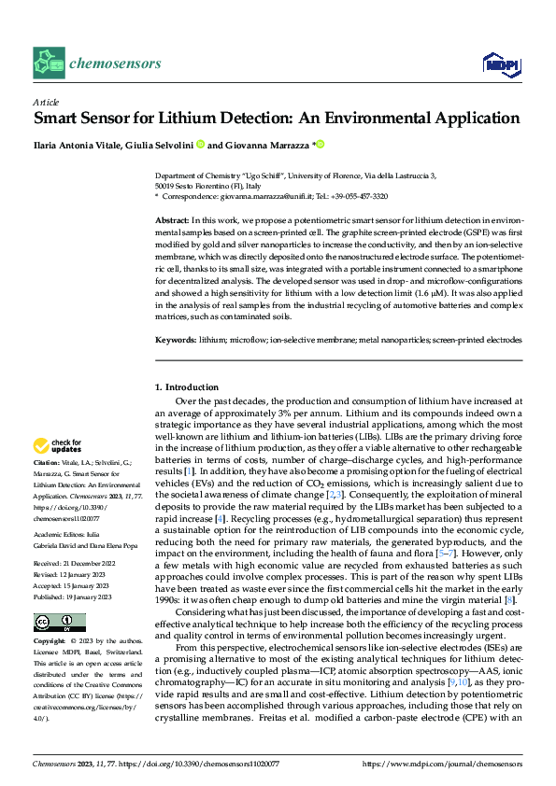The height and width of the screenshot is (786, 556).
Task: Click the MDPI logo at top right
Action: [500, 63]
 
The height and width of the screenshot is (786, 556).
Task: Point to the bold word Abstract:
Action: [171, 218]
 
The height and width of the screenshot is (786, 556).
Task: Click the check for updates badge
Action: [58, 445]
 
